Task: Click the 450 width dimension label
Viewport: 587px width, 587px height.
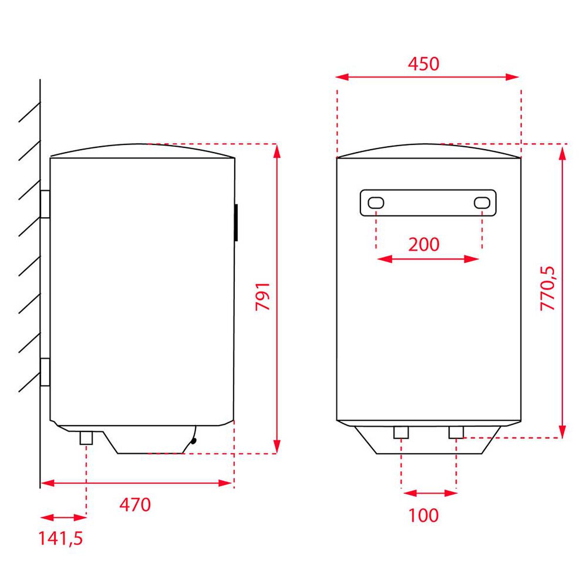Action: pos(424,64)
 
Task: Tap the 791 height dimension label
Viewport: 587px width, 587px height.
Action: pos(263,296)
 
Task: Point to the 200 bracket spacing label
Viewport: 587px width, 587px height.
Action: pos(424,244)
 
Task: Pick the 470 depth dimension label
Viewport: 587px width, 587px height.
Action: pos(135,505)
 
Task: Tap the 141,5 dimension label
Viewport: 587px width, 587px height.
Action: pos(61,539)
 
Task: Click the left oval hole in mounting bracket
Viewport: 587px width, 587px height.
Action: pos(376,203)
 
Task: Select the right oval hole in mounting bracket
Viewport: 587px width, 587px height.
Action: pos(482,203)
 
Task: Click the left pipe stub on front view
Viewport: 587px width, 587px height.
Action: pos(401,432)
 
